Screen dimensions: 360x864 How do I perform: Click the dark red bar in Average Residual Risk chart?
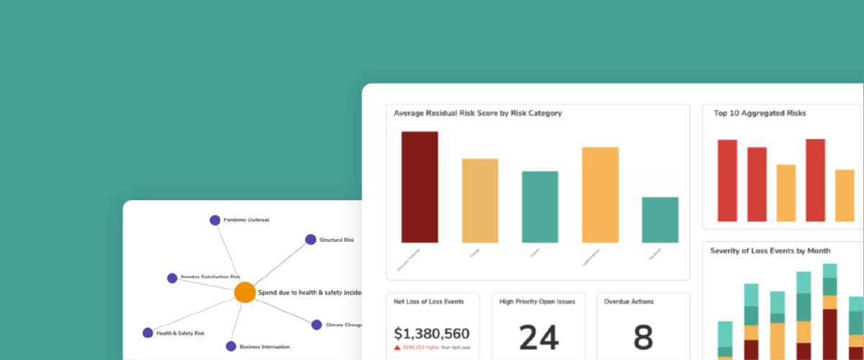(x=420, y=186)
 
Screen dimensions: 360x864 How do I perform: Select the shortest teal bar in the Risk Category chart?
(x=660, y=220)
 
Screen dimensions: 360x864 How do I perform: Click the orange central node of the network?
(x=245, y=292)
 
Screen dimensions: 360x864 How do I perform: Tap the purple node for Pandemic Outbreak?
(x=215, y=220)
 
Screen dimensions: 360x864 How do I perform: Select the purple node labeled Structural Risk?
(x=310, y=240)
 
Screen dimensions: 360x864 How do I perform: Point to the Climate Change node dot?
(x=316, y=325)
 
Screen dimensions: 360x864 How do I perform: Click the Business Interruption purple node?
(x=231, y=346)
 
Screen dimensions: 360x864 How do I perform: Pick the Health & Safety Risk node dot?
(x=148, y=333)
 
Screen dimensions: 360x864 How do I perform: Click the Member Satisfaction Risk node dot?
(x=172, y=278)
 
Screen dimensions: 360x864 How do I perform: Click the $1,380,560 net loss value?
(x=432, y=333)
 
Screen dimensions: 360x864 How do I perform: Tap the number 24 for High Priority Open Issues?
(x=539, y=338)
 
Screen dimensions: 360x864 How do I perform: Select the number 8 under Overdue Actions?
(x=643, y=338)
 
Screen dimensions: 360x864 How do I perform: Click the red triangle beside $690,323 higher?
(x=397, y=347)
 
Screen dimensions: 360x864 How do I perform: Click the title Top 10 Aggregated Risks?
(x=760, y=113)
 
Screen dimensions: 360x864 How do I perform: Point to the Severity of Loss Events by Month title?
(x=770, y=251)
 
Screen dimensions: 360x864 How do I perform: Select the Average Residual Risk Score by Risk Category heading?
(x=477, y=113)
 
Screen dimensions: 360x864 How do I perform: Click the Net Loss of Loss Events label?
(x=428, y=301)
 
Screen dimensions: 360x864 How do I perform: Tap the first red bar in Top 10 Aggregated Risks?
(x=727, y=180)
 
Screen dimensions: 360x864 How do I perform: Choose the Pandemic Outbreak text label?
(x=246, y=220)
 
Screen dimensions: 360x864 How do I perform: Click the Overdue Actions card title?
(x=629, y=301)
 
